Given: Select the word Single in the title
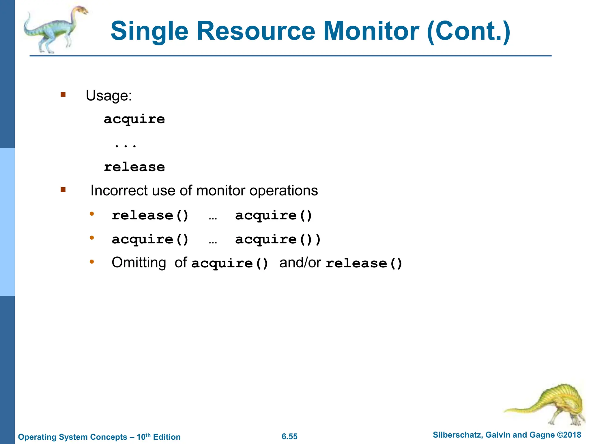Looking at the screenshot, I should pos(149,31).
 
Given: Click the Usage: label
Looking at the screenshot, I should pos(109,95).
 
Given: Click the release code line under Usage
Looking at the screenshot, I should pos(134,167).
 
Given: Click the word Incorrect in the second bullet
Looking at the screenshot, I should pos(119,191).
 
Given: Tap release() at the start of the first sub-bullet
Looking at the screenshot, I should pos(150,216).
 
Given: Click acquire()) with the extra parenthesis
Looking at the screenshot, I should pos(278,240).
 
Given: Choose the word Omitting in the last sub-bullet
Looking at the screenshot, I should pos(139,263).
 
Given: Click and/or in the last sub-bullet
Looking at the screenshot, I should pos(300,263).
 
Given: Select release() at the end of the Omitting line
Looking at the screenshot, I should pos(364,263).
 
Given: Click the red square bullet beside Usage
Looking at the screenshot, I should pos(63,95).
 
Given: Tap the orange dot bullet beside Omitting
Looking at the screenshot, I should pos(92,262).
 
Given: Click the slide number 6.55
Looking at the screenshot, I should pos(289,436).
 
